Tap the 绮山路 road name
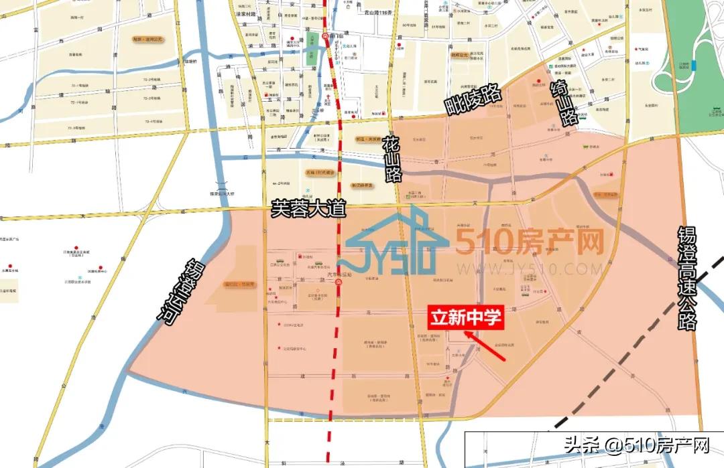point(564,103)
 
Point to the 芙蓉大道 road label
point(308,208)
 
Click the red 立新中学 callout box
point(465,317)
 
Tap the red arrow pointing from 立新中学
point(485,344)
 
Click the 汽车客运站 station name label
point(340,275)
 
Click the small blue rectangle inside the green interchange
point(695,65)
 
